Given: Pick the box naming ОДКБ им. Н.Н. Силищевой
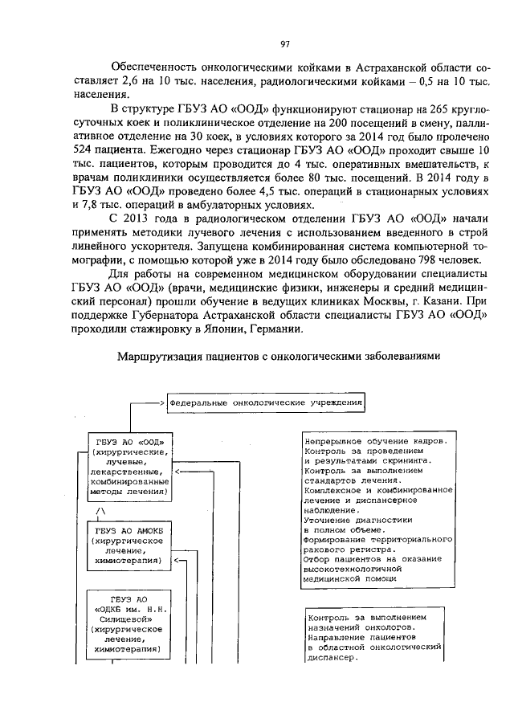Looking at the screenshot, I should click(x=129, y=623).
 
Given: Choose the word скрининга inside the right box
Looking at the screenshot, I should click(x=404, y=461).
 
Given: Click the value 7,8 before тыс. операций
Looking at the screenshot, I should click(x=106, y=204).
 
